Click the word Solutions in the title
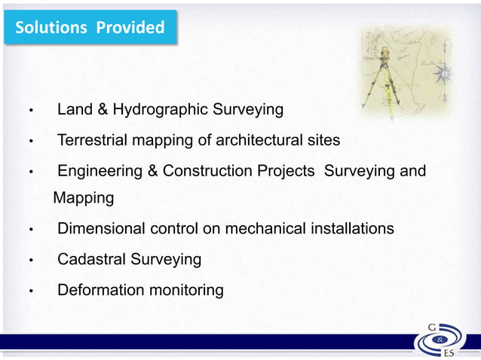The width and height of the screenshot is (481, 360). pyautogui.click(x=51, y=28)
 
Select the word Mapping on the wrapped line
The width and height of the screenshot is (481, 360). pyautogui.click(x=84, y=199)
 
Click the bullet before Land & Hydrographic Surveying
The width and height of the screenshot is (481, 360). pyautogui.click(x=31, y=111)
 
